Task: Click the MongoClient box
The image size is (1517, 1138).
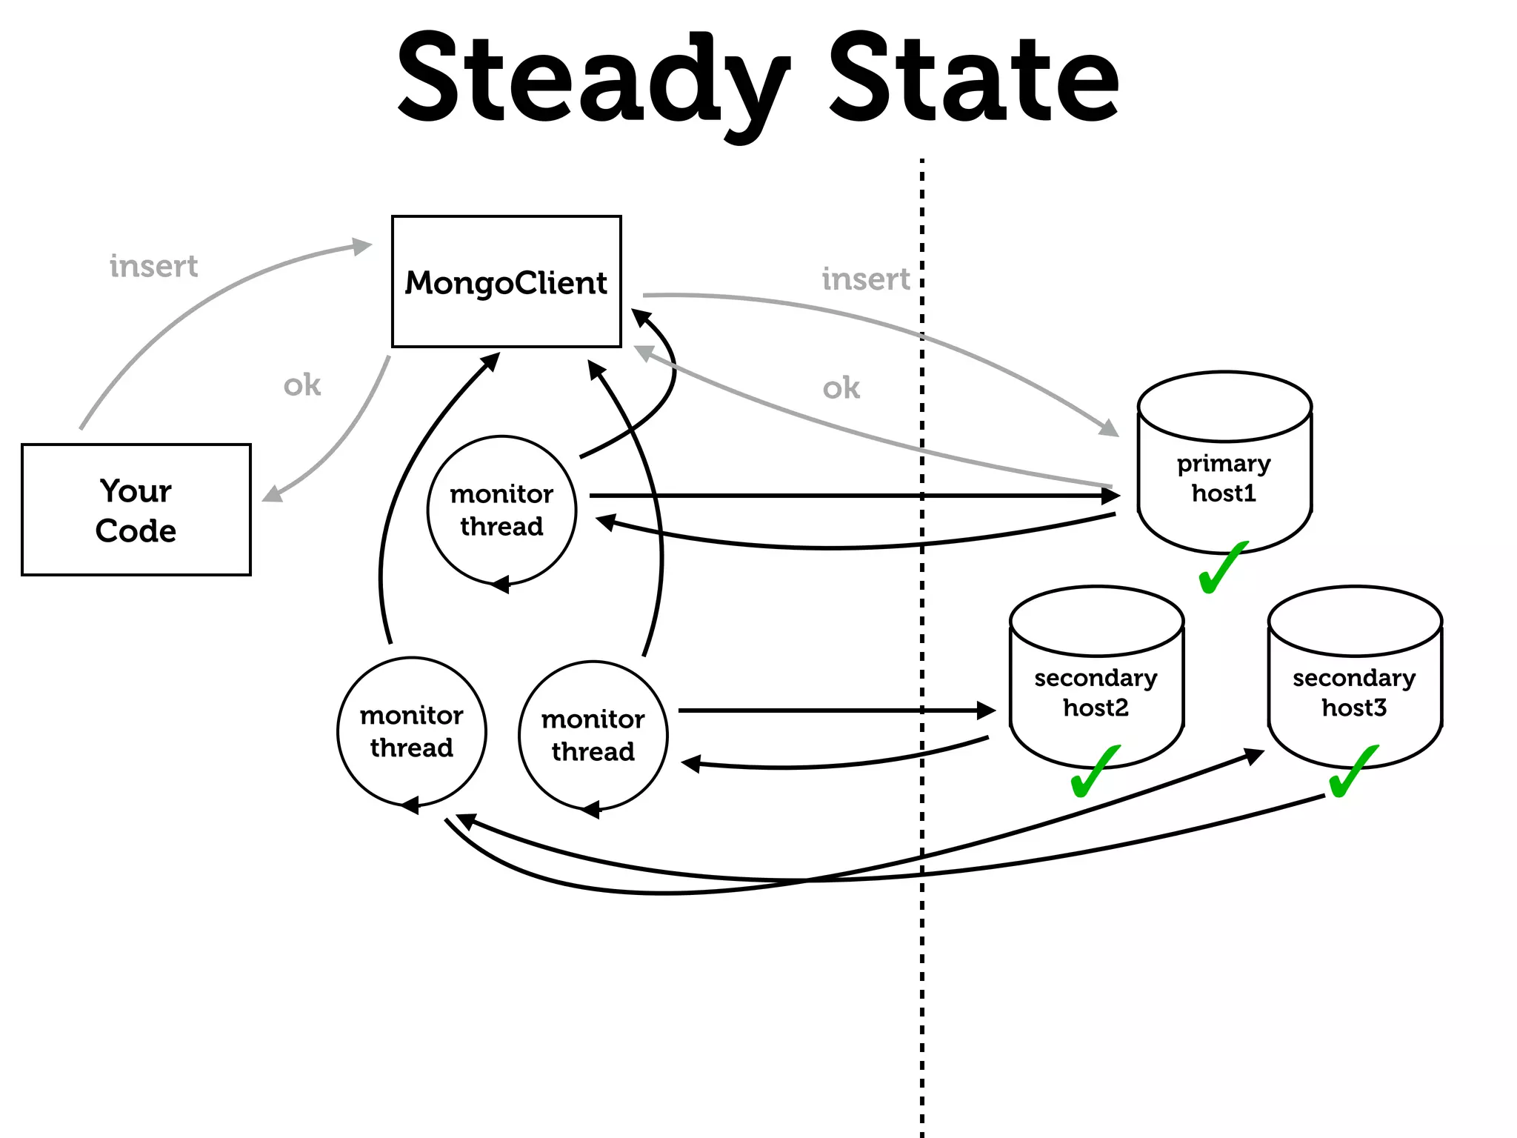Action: click(506, 282)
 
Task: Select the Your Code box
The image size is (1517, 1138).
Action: click(136, 510)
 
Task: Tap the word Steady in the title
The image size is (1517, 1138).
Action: click(593, 81)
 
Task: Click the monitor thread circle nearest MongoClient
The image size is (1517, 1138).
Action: click(501, 510)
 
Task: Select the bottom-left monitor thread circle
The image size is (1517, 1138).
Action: click(412, 731)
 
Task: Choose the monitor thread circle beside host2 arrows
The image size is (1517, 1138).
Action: click(593, 735)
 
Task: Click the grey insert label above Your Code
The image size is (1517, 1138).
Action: click(153, 266)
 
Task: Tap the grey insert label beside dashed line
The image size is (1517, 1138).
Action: click(865, 279)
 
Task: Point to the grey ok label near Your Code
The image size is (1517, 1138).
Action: click(302, 385)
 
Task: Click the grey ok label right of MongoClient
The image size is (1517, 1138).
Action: click(841, 388)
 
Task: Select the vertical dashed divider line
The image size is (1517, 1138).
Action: click(922, 963)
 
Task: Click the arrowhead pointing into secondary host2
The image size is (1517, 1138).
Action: click(988, 711)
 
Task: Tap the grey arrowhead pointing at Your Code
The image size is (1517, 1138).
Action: click(272, 494)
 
